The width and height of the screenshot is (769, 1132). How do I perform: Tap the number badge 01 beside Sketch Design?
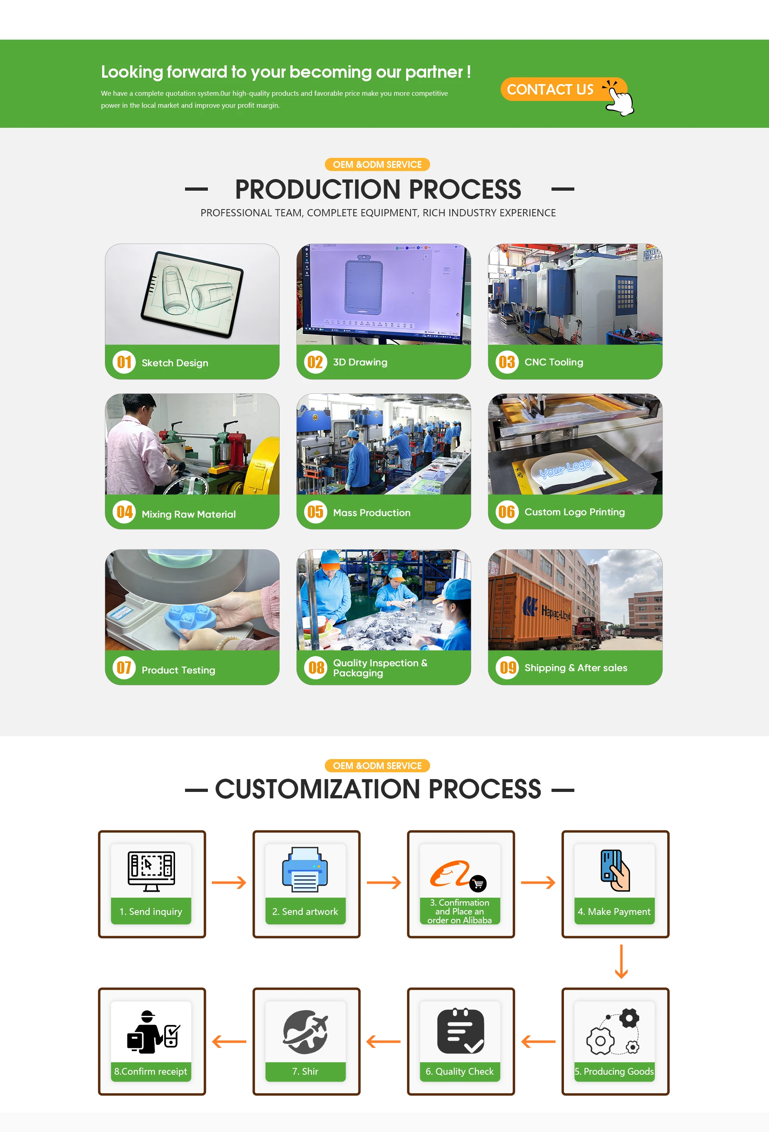pos(124,363)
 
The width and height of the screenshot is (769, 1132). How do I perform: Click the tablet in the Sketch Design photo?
pos(192,294)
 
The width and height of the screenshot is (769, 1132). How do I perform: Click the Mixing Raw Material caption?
pos(189,514)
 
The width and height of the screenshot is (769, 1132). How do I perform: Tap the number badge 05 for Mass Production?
pos(315,512)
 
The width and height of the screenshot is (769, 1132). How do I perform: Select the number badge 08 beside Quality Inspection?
pos(316,667)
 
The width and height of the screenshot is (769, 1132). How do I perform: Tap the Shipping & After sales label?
pos(576,668)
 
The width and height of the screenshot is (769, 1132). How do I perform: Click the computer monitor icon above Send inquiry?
pos(151,871)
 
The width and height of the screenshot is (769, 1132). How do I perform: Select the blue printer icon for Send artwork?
pos(305,870)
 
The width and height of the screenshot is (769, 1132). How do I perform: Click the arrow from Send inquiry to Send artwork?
pos(229,882)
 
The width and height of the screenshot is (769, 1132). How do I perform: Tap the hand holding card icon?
pos(615,870)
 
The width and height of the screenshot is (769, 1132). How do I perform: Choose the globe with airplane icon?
pos(305,1031)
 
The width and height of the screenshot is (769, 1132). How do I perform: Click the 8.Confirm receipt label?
pos(151,1071)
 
